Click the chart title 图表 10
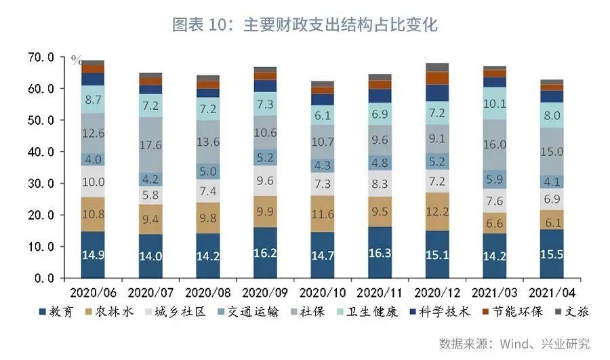[x=305, y=26]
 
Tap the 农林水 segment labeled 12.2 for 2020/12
[x=438, y=212]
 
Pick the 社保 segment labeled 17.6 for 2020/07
[x=150, y=144]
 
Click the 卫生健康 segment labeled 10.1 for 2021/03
[x=495, y=104]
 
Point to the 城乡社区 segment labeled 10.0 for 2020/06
[x=93, y=182]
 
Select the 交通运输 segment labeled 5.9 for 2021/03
[x=495, y=179]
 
